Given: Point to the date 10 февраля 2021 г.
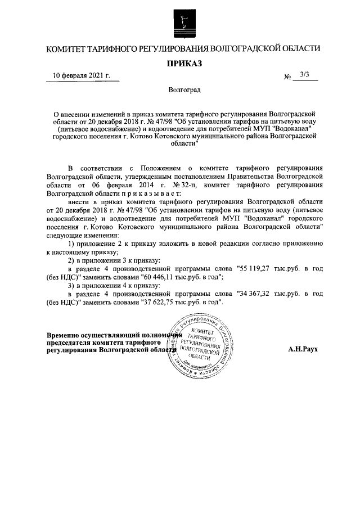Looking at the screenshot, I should [x=82, y=75].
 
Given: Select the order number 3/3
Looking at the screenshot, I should [x=305, y=74].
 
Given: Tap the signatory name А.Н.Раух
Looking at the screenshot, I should [x=303, y=349].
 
